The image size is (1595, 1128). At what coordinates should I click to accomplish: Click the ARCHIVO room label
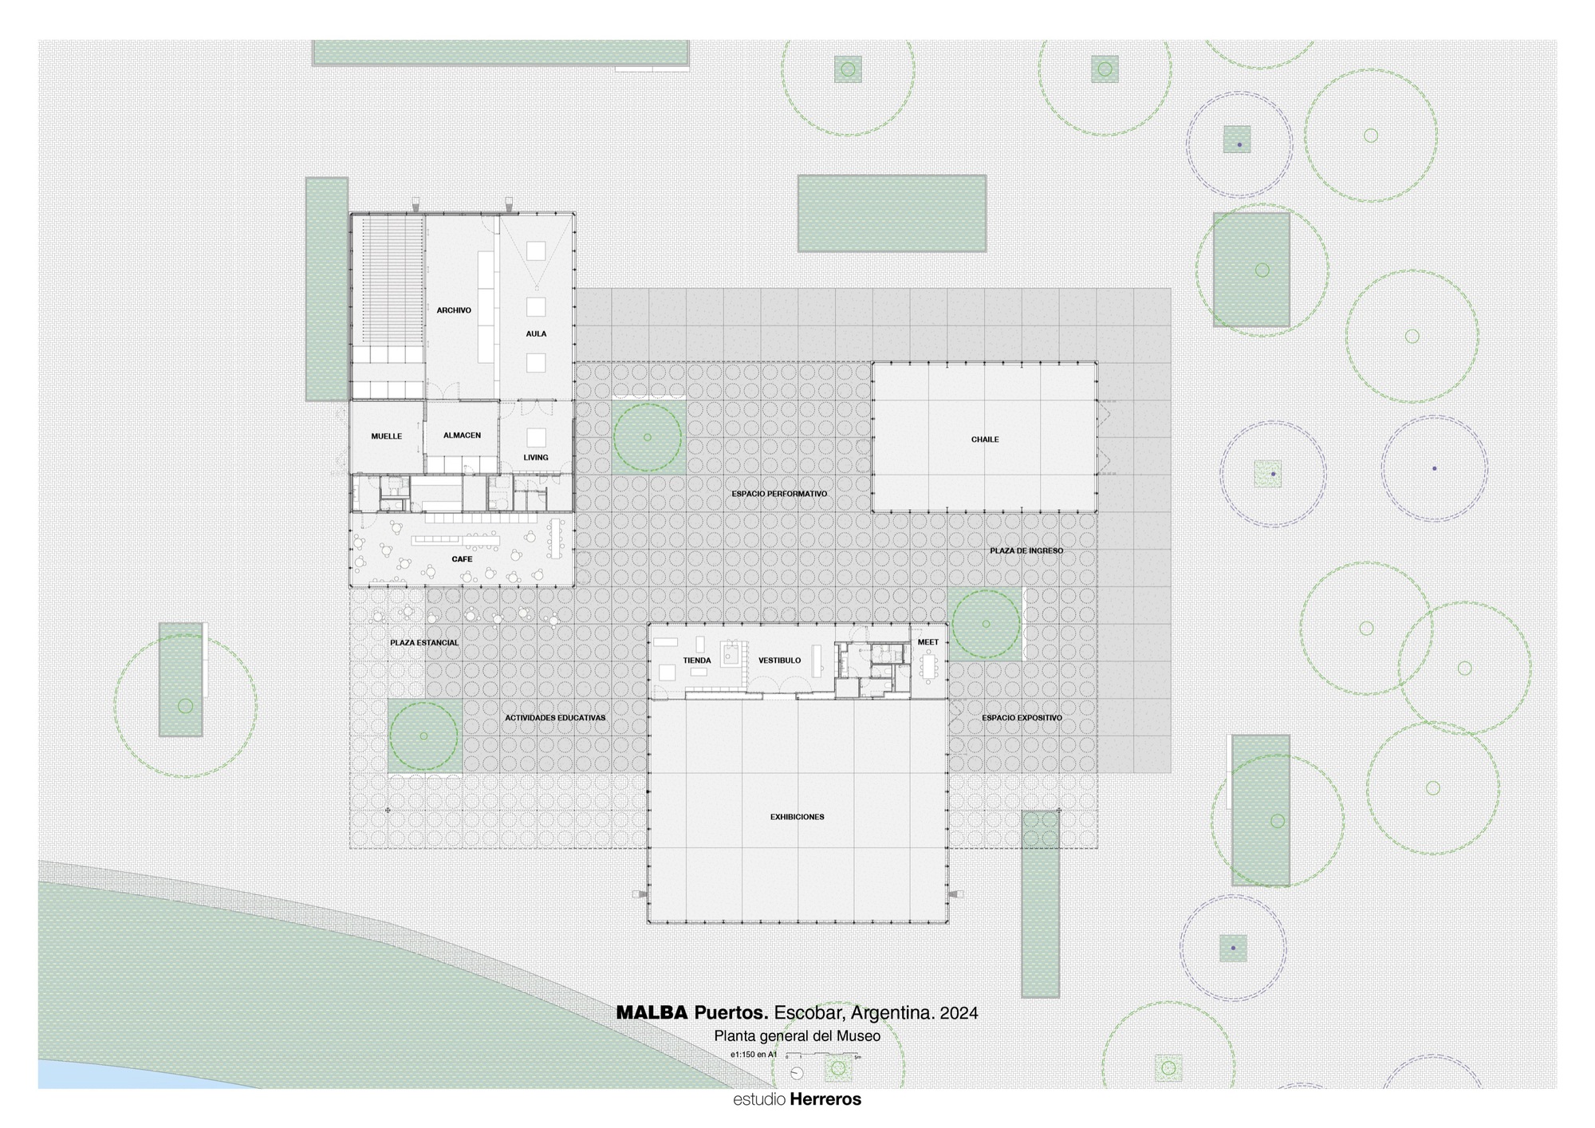pyautogui.click(x=454, y=310)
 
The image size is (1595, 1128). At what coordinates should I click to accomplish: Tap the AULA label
pyautogui.click(x=536, y=333)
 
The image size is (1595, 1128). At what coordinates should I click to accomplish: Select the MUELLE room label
pyautogui.click(x=387, y=436)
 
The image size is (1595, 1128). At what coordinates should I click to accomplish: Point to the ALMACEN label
pyautogui.click(x=462, y=436)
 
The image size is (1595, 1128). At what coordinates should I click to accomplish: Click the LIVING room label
pyautogui.click(x=536, y=458)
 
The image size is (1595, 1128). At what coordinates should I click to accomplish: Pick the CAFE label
pyautogui.click(x=462, y=559)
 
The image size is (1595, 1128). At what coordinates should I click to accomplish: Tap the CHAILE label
pyautogui.click(x=985, y=440)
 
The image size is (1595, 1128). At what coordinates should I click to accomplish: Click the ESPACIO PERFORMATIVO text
pyautogui.click(x=779, y=494)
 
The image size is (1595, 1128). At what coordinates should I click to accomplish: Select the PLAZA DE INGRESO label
pyautogui.click(x=1026, y=550)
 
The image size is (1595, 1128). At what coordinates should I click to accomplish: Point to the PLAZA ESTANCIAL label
pyautogui.click(x=424, y=642)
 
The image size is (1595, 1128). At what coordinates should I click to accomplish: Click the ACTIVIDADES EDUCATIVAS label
pyautogui.click(x=555, y=718)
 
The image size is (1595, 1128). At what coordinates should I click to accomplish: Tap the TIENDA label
pyautogui.click(x=697, y=661)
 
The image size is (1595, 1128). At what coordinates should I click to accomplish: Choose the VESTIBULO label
pyautogui.click(x=779, y=661)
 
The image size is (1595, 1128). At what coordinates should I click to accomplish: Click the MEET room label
pyautogui.click(x=928, y=642)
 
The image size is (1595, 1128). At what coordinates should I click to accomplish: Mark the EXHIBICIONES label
pyautogui.click(x=797, y=817)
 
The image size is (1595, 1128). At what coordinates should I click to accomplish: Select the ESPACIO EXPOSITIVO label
pyautogui.click(x=1022, y=718)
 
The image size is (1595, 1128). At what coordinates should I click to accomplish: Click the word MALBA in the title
pyautogui.click(x=651, y=1013)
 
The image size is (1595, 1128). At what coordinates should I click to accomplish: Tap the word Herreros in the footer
pyautogui.click(x=825, y=1099)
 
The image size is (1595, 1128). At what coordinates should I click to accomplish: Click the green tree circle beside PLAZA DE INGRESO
pyautogui.click(x=986, y=624)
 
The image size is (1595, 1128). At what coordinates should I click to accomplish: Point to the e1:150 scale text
pyautogui.click(x=753, y=1055)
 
